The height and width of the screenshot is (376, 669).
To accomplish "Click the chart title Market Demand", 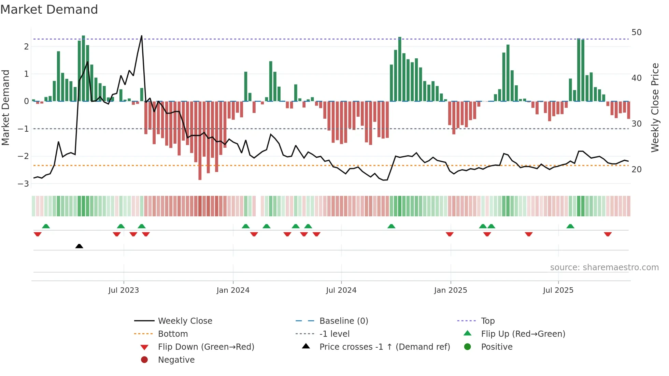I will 49,10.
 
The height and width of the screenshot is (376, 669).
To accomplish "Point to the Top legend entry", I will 487,321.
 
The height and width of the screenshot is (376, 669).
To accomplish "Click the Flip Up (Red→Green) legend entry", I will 523,334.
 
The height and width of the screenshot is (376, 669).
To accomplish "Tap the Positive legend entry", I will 497,347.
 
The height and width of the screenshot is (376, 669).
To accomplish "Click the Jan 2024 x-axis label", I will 233,290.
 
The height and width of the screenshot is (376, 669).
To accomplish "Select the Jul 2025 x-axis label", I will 558,290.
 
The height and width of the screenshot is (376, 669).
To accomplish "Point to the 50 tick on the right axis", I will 636,32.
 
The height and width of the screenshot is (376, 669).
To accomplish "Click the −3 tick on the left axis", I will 23,184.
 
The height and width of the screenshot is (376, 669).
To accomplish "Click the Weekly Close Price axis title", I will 655,107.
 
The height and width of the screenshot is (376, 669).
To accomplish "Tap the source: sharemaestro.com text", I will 604,267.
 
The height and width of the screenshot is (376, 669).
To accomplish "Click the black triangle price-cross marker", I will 79,246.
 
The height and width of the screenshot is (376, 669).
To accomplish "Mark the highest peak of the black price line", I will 142,36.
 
